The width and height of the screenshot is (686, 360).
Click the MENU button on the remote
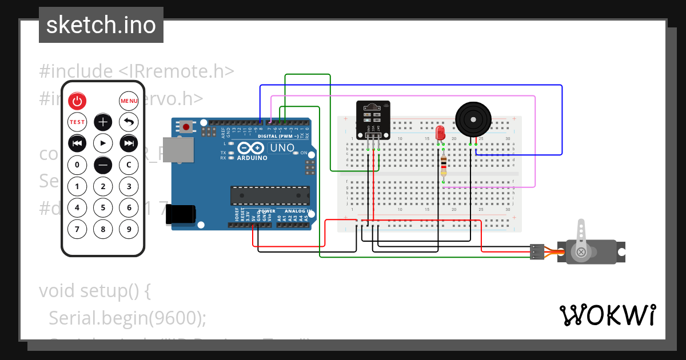point(129,101)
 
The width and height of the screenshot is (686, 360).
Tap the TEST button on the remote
point(77,122)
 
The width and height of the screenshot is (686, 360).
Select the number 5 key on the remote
point(103,208)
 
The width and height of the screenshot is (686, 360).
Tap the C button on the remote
point(129,165)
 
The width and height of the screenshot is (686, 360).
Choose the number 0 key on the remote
point(77,165)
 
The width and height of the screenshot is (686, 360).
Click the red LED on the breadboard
point(440,133)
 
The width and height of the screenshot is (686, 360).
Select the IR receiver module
point(373,119)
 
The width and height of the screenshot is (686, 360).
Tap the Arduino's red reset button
point(186,126)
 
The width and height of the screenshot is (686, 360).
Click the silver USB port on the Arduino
point(174,151)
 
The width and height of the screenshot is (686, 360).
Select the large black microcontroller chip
point(270,195)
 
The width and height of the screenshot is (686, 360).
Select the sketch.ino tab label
point(101,25)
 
